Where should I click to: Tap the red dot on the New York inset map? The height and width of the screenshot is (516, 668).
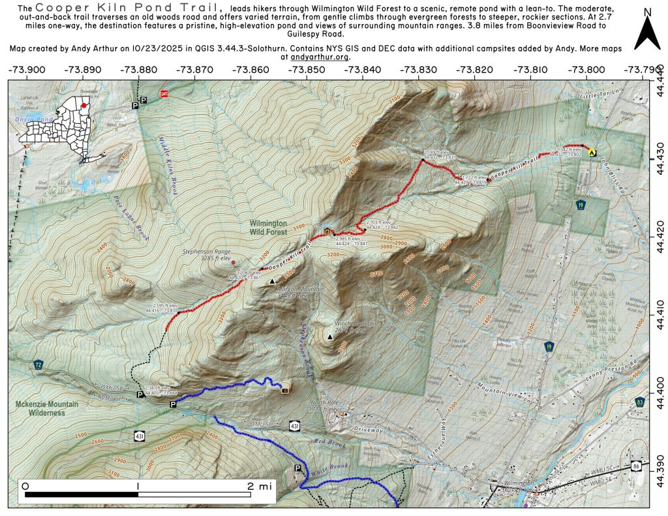point(84,104)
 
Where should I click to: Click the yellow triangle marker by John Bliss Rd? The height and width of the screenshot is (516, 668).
point(592,152)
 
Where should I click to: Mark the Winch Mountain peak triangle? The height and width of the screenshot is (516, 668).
point(330,337)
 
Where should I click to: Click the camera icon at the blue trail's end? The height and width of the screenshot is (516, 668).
point(285,390)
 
